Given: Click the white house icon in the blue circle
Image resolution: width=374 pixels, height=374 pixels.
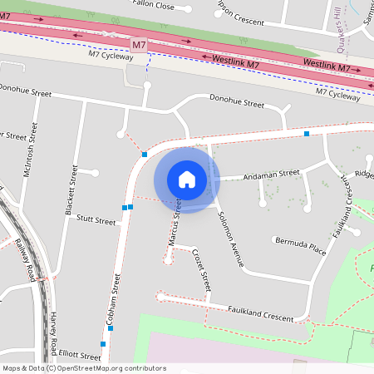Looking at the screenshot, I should point(187,180).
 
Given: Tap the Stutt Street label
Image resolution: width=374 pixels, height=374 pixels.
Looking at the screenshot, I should point(96,221).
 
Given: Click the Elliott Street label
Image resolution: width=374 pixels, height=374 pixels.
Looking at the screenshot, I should point(74,356).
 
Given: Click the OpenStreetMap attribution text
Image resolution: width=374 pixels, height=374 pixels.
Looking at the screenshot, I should point(84,368).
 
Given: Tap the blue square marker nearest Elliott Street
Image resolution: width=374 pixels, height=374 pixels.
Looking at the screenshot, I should point(103,343).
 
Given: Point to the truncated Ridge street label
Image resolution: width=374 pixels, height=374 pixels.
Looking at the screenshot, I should point(364,175).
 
